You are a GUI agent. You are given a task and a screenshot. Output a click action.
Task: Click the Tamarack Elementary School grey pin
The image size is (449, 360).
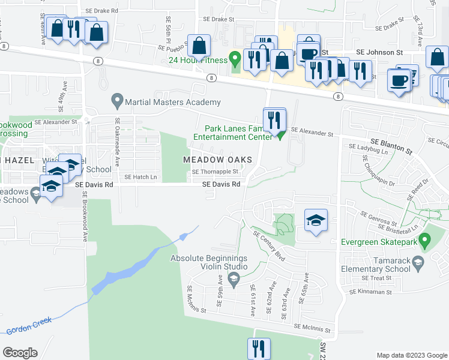pos(419,262)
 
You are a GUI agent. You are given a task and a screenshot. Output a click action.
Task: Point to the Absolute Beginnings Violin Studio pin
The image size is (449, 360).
pos(234,278)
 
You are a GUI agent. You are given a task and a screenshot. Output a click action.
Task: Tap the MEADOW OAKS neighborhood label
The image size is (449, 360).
pos(217,159)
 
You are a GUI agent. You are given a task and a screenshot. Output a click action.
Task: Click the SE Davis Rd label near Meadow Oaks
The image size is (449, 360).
pos(221,184)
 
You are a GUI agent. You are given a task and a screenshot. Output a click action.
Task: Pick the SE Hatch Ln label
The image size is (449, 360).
pos(140,177)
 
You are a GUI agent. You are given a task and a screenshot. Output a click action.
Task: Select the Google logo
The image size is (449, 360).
pos(20,353)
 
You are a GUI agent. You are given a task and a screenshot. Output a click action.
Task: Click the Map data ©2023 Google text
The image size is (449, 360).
pos(412,355)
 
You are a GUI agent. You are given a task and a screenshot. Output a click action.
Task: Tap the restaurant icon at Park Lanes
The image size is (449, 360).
pos(274,118)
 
